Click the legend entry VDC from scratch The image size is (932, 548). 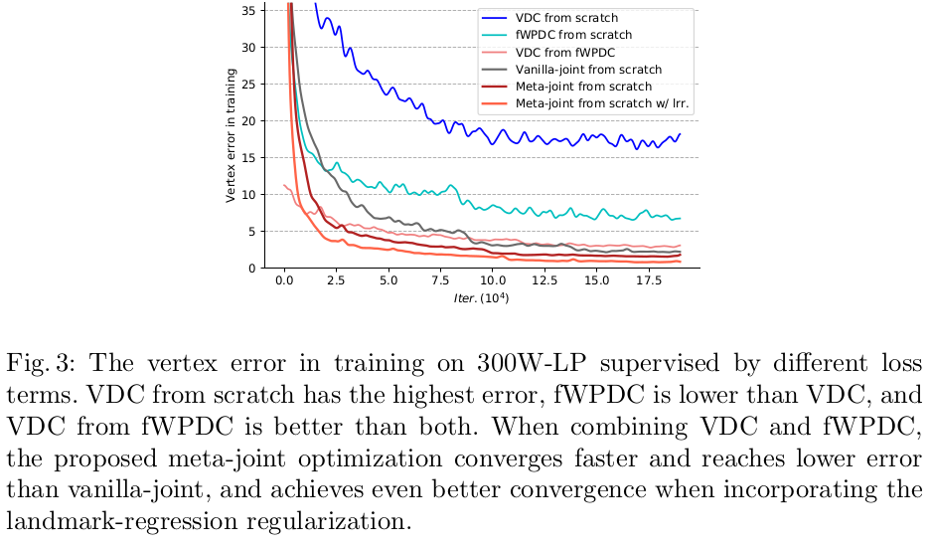(566, 18)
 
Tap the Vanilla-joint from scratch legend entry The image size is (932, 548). (588, 70)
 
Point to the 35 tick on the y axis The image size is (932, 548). (247, 10)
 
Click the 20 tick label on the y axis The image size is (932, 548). (247, 121)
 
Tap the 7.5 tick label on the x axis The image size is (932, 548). (440, 280)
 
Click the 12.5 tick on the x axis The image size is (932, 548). (544, 280)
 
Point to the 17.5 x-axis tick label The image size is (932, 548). (648, 280)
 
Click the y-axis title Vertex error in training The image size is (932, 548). (230, 136)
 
